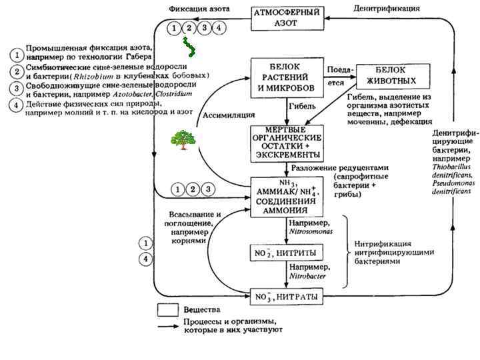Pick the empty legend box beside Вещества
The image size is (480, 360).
[167, 310]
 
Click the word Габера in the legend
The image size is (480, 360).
[135, 57]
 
